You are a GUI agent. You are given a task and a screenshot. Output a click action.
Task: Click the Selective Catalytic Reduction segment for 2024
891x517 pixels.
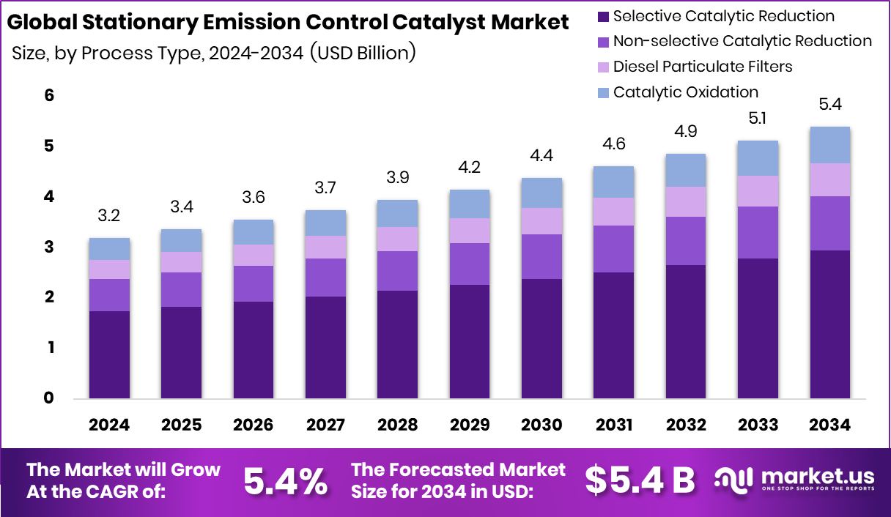click(109, 354)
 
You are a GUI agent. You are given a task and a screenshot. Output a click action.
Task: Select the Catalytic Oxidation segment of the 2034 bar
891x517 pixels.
click(829, 145)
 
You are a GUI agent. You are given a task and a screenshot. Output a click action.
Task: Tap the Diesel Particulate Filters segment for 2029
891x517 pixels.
click(470, 231)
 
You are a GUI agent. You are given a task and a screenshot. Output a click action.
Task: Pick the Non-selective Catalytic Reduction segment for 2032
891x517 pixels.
click(686, 241)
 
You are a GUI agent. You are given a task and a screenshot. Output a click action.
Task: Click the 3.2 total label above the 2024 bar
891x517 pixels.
click(109, 216)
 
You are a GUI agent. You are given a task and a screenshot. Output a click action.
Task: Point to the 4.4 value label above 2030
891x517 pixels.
click(541, 155)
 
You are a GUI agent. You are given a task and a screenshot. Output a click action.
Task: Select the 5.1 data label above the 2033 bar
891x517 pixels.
click(758, 119)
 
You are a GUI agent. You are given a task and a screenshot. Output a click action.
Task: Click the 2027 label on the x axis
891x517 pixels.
click(325, 425)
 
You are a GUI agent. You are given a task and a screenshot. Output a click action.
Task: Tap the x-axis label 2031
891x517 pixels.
click(614, 425)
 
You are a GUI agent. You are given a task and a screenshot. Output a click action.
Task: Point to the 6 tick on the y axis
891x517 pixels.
click(49, 95)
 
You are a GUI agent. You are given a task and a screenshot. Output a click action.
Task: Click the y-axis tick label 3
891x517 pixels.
click(49, 247)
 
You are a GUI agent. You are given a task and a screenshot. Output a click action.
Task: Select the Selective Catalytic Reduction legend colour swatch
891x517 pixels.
click(604, 17)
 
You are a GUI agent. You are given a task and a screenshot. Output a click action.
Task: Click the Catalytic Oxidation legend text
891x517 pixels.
click(686, 92)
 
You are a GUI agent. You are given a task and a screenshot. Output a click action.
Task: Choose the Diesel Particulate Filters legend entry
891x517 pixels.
click(695, 67)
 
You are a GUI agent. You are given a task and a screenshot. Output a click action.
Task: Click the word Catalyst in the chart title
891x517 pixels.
click(439, 22)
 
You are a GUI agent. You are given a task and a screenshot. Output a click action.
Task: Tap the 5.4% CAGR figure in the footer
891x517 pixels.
click(286, 481)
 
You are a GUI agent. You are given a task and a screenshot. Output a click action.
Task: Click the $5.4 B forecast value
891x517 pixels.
click(640, 480)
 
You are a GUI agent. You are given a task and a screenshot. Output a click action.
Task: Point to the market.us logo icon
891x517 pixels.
click(733, 480)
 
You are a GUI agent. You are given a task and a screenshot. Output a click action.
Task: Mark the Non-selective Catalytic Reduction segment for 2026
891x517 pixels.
click(254, 283)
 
